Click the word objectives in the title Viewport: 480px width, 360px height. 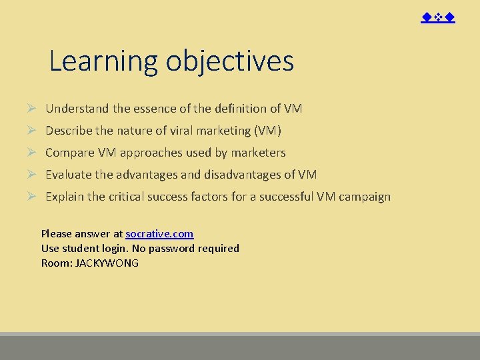pyautogui.click(x=230, y=61)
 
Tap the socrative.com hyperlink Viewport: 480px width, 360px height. pyautogui.click(x=159, y=233)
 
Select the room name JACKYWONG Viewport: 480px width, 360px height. pyautogui.click(x=107, y=263)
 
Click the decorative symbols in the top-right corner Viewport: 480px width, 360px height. pyautogui.click(x=438, y=17)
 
